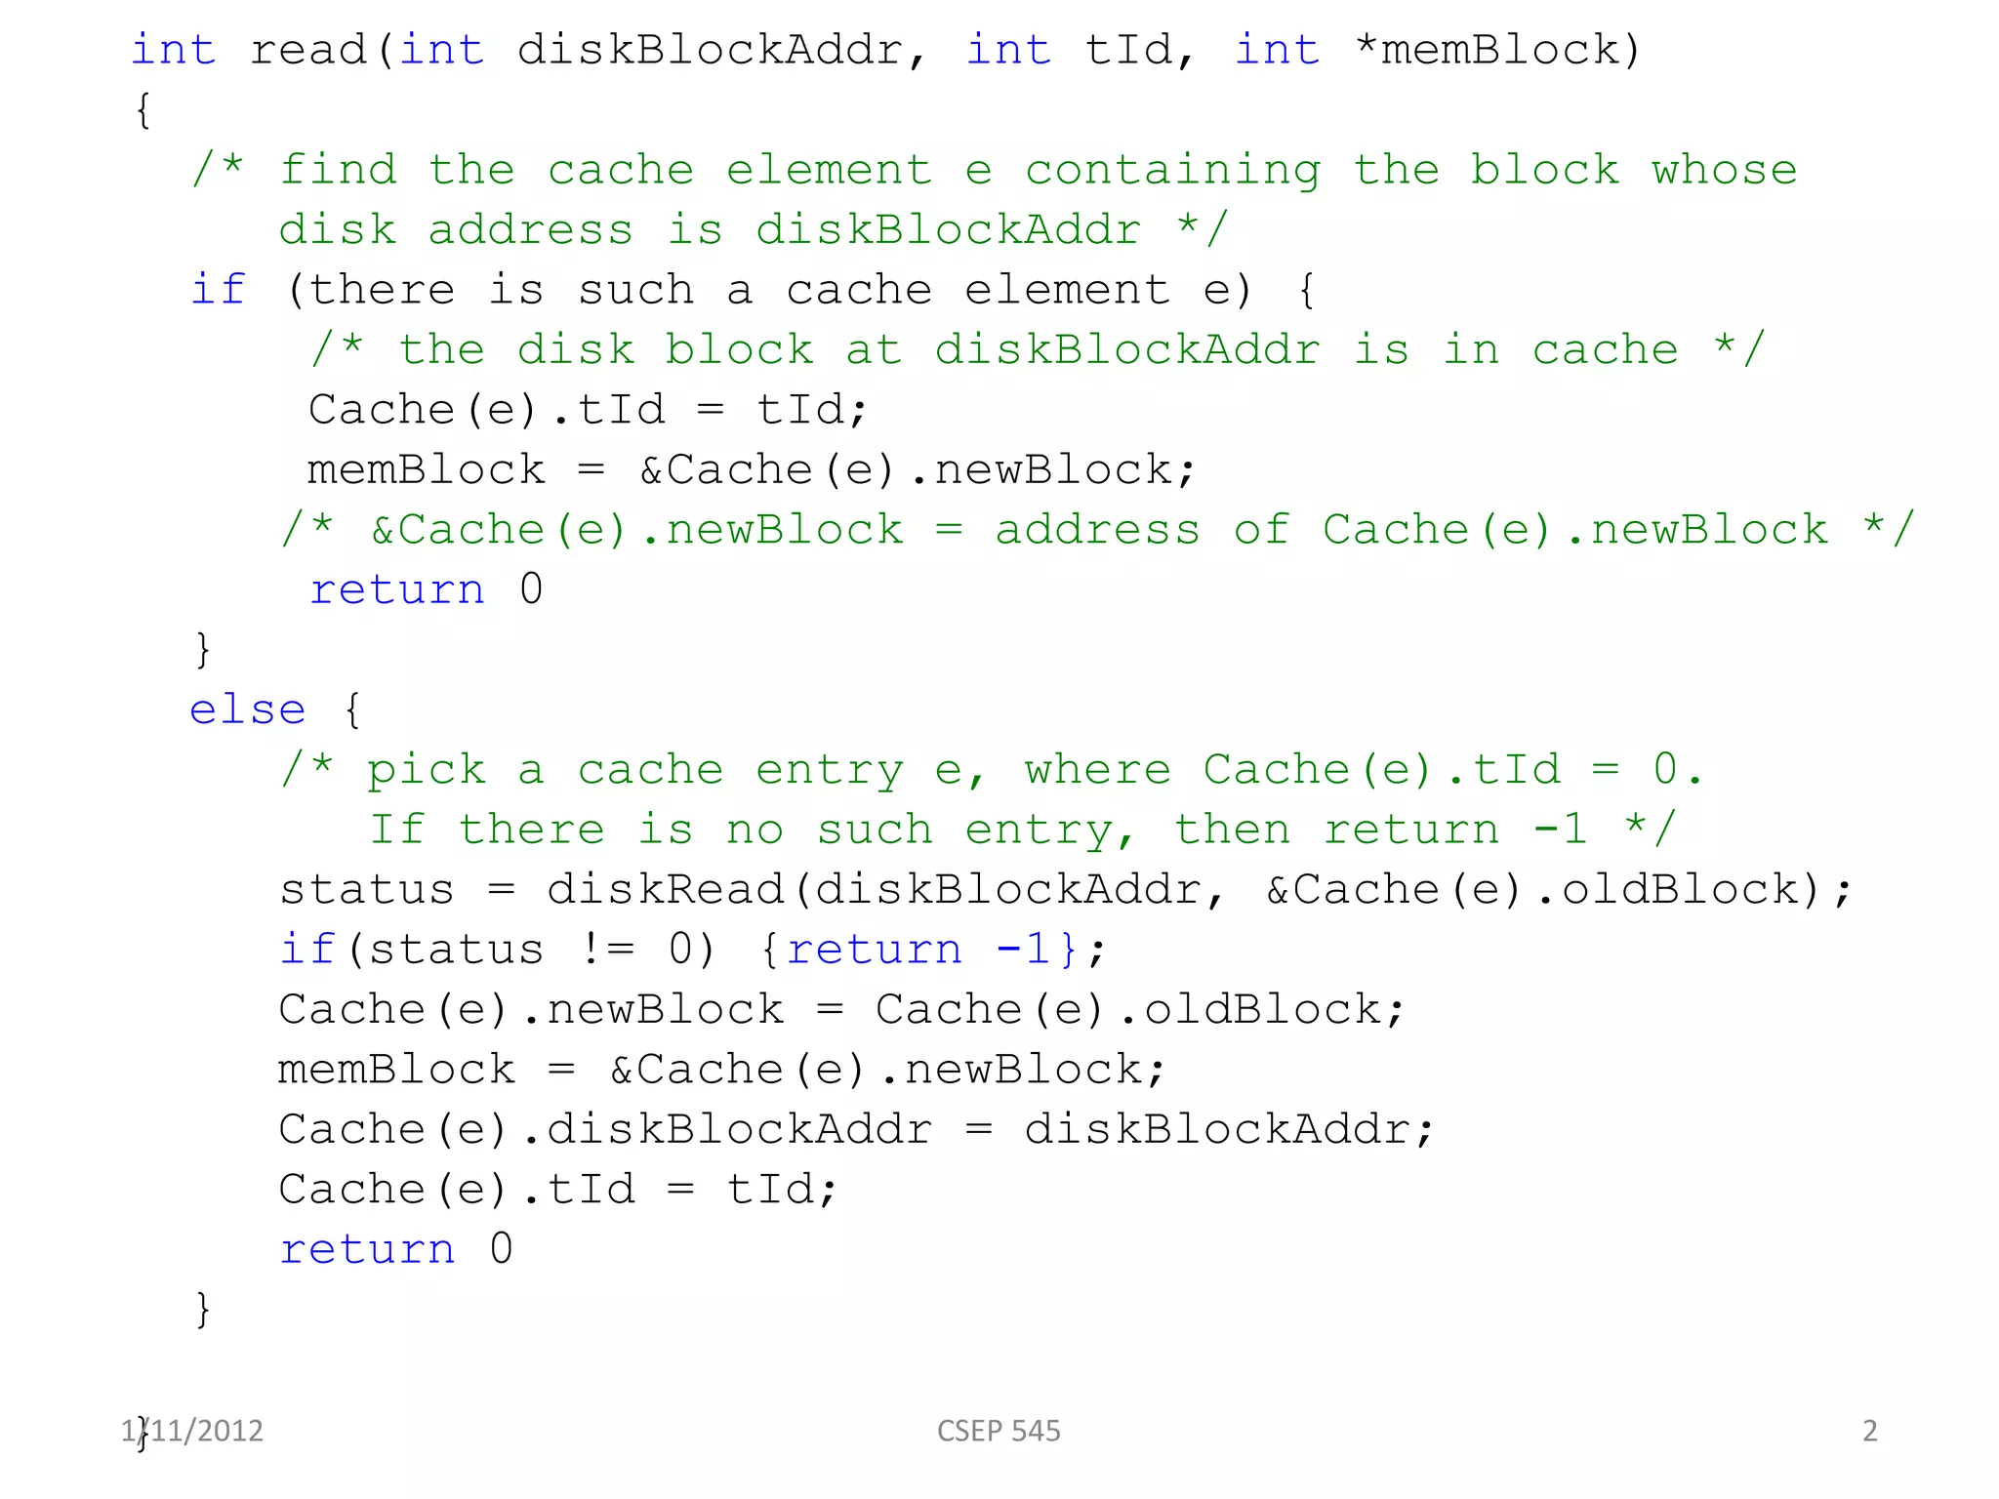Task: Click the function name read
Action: coord(307,50)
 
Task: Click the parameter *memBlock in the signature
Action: coord(1497,50)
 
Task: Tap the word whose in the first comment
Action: coord(1724,170)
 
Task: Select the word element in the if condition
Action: coord(1066,290)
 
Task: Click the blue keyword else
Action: coord(247,709)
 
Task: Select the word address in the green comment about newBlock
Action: coord(1097,530)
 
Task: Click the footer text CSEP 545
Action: coord(999,1431)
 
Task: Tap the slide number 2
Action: coord(1869,1431)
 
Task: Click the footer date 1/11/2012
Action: coord(193,1431)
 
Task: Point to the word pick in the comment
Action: coord(426,770)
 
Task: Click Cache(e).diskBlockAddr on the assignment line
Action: coord(605,1129)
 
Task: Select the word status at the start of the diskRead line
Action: coord(366,889)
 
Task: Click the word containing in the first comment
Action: coord(1172,170)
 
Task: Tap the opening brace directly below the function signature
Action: coord(143,109)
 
